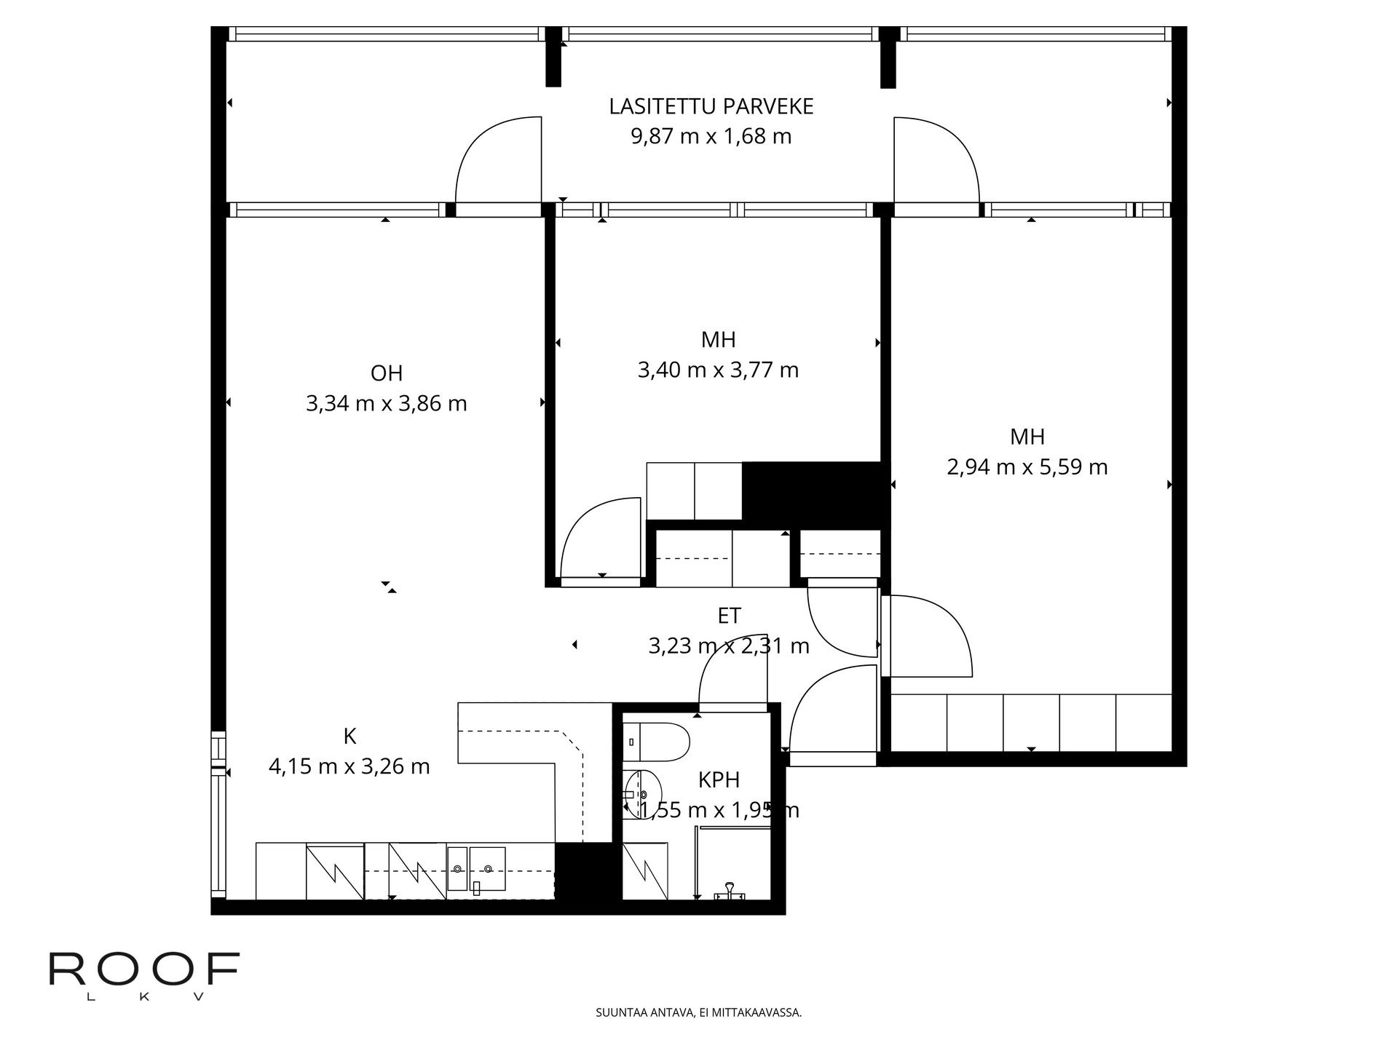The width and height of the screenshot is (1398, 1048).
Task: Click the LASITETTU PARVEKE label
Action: tap(711, 107)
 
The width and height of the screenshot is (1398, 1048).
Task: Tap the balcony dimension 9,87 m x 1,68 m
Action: tap(711, 137)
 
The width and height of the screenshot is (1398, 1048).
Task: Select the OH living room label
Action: tap(387, 373)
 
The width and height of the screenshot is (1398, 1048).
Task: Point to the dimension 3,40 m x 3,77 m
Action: tap(718, 370)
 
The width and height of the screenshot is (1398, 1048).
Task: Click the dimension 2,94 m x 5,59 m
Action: tap(1027, 467)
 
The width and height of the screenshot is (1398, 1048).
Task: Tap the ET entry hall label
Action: tap(729, 616)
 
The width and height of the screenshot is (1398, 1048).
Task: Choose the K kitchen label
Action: tap(349, 737)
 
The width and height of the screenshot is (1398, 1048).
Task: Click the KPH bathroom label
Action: tap(719, 780)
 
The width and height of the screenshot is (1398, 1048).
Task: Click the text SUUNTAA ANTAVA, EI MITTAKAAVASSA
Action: tap(699, 1012)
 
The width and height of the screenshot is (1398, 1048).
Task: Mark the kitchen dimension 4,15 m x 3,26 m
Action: tap(349, 766)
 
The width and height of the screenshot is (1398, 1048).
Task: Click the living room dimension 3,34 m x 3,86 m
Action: tap(387, 404)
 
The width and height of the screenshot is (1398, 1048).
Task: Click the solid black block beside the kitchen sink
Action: tap(584, 871)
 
